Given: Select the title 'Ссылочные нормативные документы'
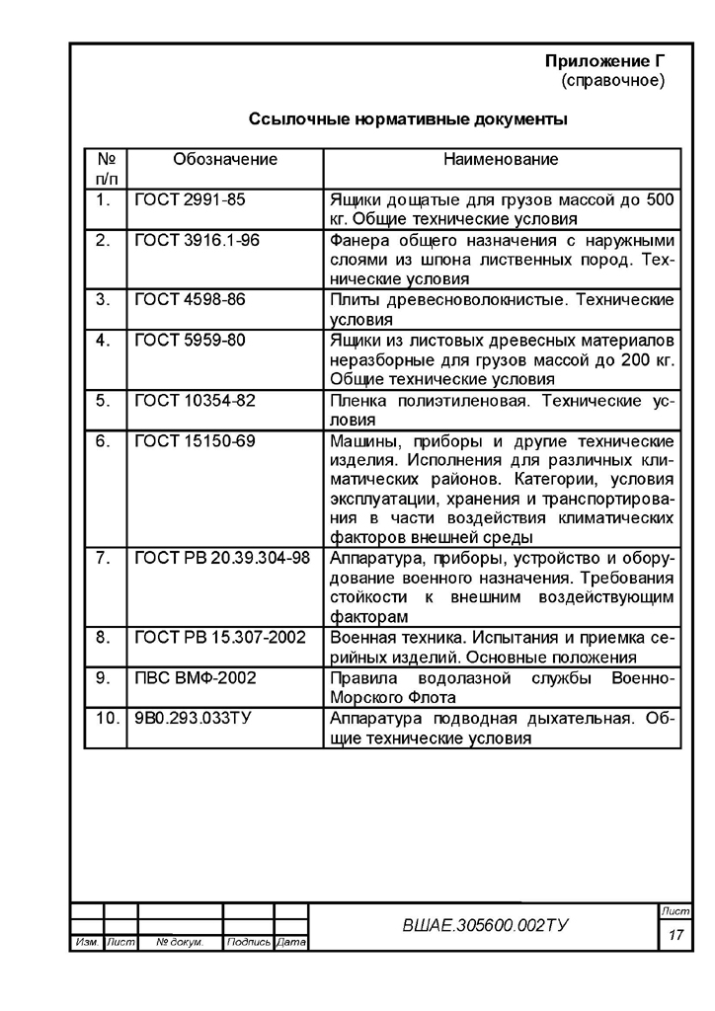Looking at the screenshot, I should pos(408,120).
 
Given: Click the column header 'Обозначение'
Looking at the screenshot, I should pos(225,159).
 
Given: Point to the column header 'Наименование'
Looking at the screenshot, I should pos(501,159).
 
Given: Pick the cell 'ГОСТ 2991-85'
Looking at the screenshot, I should pos(189,200).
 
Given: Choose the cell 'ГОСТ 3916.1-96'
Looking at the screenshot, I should pos(198,241).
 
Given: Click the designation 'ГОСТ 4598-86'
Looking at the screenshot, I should pos(190,300).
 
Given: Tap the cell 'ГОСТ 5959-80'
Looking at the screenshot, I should pos(190,341).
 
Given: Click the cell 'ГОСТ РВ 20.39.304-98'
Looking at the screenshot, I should pos(222,559).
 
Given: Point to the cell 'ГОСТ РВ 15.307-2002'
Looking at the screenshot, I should pos(221,638).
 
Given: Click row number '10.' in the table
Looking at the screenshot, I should pos(106,718).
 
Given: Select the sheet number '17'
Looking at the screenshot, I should pos(676,933).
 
